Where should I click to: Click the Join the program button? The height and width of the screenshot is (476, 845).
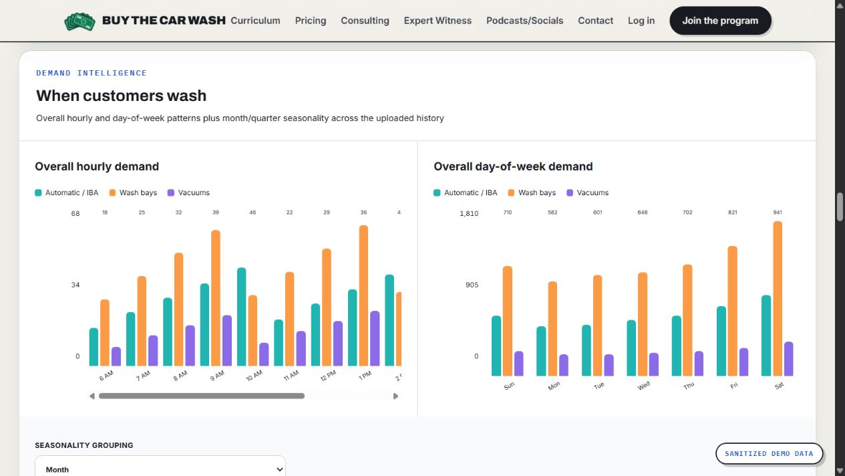(x=720, y=20)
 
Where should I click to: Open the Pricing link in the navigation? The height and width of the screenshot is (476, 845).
(x=311, y=20)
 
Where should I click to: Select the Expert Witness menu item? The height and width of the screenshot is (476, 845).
(x=438, y=20)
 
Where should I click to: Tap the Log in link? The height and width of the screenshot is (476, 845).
(x=641, y=20)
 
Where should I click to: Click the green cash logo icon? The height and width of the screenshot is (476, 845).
(x=79, y=21)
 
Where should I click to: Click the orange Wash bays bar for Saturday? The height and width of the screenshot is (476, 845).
(x=778, y=298)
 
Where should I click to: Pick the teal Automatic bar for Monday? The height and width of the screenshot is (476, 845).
(x=541, y=351)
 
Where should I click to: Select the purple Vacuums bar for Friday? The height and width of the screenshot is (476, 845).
(x=743, y=362)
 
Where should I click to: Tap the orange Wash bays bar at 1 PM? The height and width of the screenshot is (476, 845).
(x=363, y=295)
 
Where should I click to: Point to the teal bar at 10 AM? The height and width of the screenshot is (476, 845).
(x=241, y=317)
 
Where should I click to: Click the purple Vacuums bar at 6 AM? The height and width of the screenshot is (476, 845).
(x=116, y=356)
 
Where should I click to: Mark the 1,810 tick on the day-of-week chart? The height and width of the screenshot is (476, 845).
(x=469, y=214)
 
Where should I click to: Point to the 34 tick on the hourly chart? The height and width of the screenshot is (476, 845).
(x=75, y=285)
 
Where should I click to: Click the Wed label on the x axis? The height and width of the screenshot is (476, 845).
(x=643, y=385)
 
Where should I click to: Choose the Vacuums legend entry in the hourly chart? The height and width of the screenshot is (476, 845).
(x=188, y=193)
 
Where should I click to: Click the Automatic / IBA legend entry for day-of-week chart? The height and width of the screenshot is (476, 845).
(x=466, y=193)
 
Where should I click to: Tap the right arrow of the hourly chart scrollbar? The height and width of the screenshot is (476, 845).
(x=395, y=396)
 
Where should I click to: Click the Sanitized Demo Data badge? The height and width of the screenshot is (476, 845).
(x=769, y=453)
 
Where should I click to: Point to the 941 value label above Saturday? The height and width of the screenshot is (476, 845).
(x=778, y=213)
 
